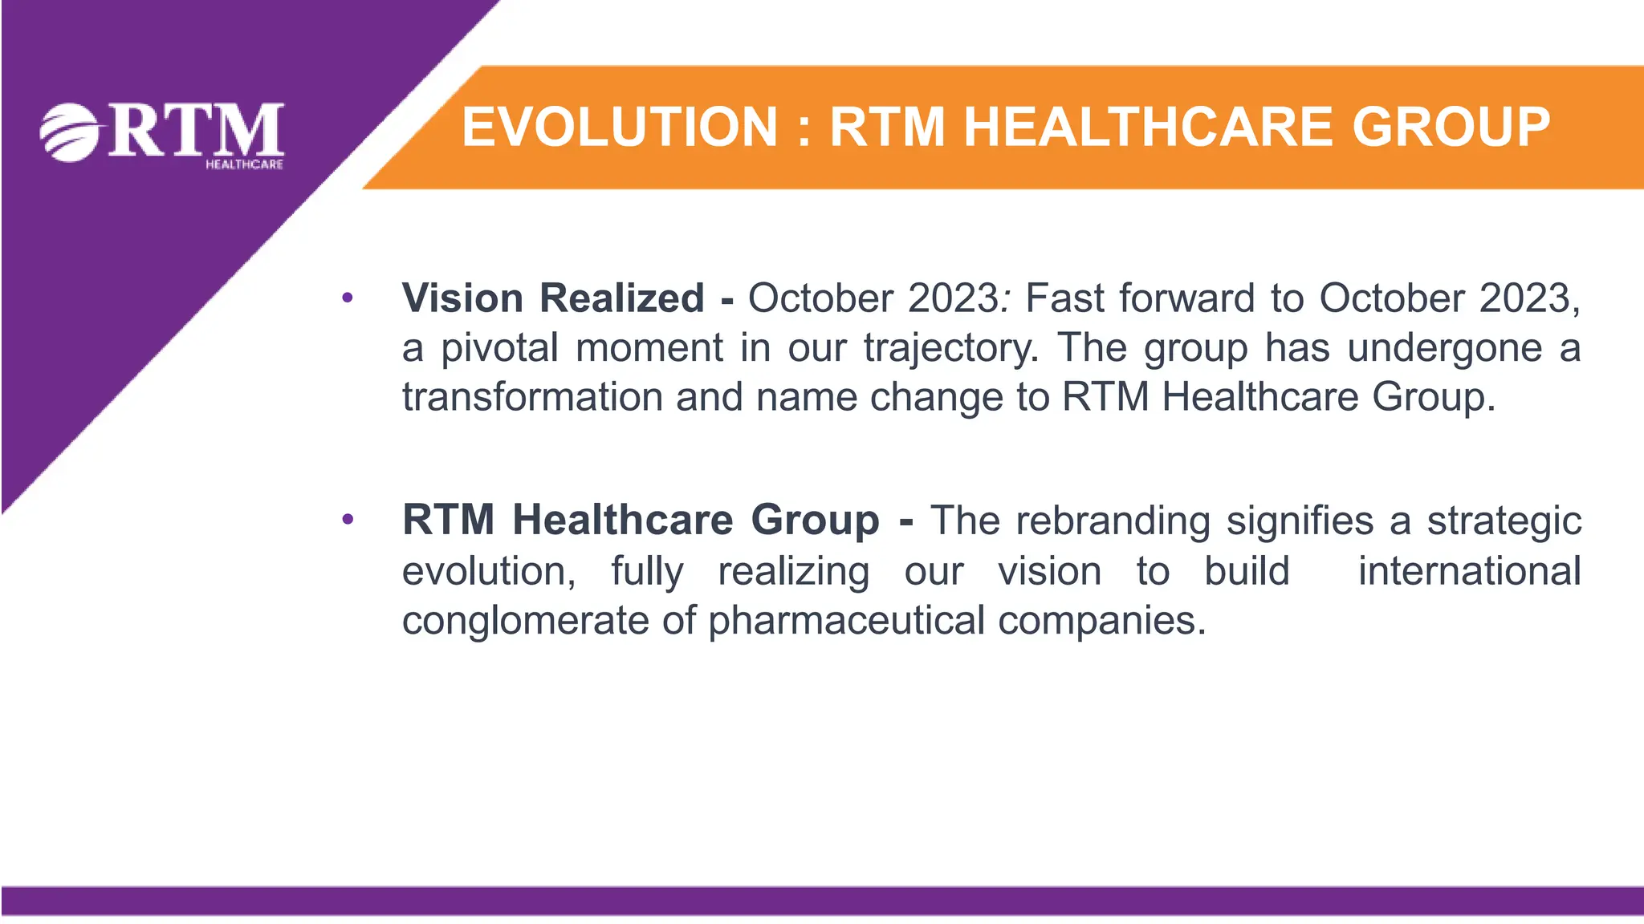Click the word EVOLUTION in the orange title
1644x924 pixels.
click(x=620, y=128)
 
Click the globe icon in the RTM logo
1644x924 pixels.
click(x=71, y=132)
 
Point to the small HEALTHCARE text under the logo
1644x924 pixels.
click(x=244, y=164)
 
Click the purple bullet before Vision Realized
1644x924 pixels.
click(x=347, y=299)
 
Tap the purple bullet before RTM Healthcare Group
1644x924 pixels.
click(x=347, y=521)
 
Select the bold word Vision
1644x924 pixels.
click(x=463, y=298)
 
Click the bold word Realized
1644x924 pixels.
click(x=622, y=298)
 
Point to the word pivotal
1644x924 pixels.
click(x=499, y=348)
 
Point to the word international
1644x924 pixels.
click(x=1469, y=571)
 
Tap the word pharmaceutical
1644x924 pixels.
click(x=847, y=622)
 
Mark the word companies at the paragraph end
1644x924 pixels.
click(x=1097, y=622)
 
